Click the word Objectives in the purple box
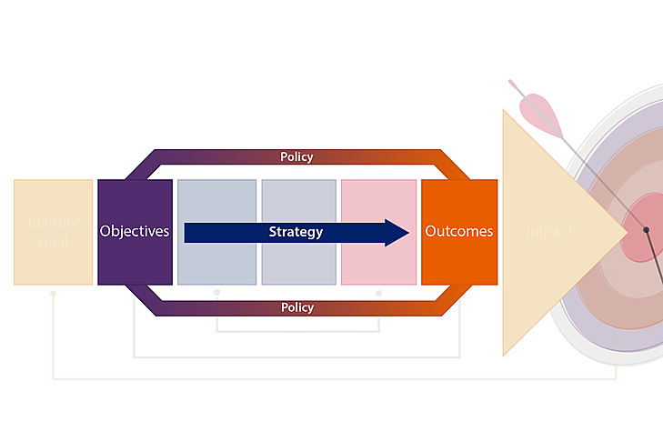[x=135, y=231]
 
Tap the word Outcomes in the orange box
[x=459, y=231]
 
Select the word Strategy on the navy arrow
[x=296, y=232]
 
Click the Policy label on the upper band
[x=296, y=157]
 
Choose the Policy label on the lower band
[x=296, y=307]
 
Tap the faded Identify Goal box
[x=53, y=232]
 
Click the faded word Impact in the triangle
[x=549, y=232]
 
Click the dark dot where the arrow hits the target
[x=647, y=230]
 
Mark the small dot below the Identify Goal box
[x=53, y=293]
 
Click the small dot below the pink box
[x=378, y=293]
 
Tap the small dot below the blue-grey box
[x=216, y=293]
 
